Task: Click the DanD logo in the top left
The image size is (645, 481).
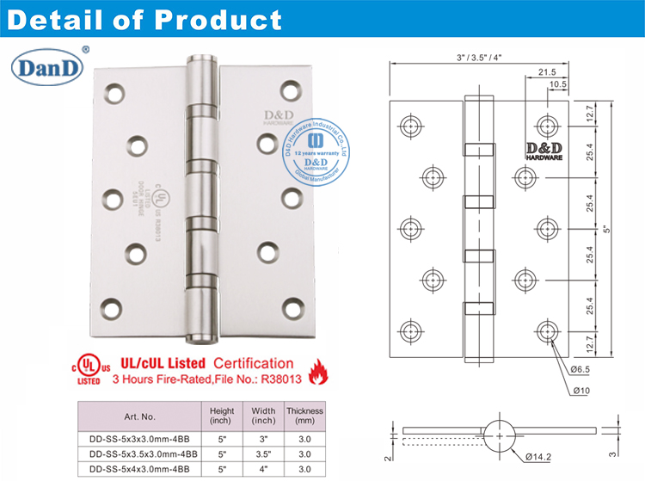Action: coord(48,66)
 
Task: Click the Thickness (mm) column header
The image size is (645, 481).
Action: coord(304,416)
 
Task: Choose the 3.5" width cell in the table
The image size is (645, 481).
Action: coord(262,453)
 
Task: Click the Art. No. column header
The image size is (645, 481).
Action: coord(140,416)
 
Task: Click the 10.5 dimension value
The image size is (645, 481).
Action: coord(558,85)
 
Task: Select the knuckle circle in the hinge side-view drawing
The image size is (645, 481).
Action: coord(500,432)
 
